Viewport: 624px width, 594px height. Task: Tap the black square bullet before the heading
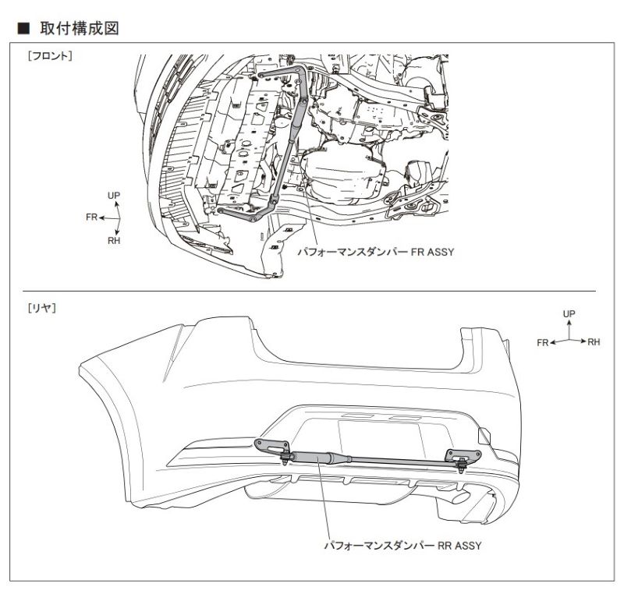coord(23,29)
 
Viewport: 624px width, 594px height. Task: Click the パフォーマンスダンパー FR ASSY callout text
coord(375,252)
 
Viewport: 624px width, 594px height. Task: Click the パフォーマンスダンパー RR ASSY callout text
coord(402,545)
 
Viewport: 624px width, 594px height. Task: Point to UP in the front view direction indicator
coord(114,195)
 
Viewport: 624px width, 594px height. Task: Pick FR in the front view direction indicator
coord(91,217)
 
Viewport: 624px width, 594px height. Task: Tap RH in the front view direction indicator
coord(114,241)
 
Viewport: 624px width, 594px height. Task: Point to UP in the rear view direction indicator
coord(569,313)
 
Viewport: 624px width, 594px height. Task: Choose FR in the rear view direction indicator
coord(543,342)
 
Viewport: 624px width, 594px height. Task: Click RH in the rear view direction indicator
coord(594,341)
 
